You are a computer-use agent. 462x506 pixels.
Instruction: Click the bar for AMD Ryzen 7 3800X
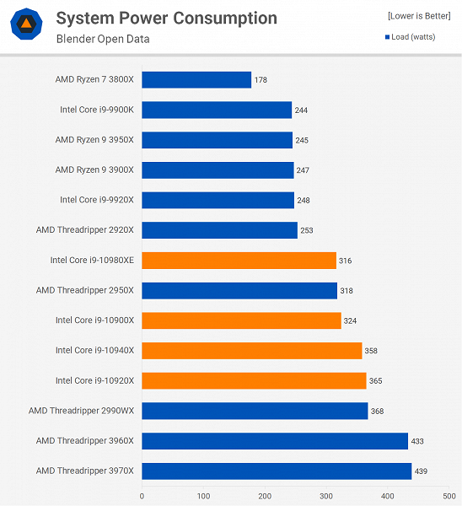[x=196, y=79]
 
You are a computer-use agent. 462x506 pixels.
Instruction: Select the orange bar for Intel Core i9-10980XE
[x=239, y=261]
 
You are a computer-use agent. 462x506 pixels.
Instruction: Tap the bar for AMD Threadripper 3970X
[x=277, y=471]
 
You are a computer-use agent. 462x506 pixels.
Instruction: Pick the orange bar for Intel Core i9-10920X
[x=254, y=380]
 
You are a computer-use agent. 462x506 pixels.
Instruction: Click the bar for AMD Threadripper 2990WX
[x=255, y=411]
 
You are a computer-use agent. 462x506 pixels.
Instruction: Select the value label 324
[x=352, y=320]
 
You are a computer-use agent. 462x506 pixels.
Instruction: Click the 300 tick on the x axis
[x=326, y=496]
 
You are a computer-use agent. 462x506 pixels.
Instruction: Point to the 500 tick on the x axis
[x=449, y=496]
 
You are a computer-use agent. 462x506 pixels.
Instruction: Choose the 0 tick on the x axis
[x=142, y=496]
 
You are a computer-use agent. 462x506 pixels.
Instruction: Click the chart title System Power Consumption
[x=166, y=18]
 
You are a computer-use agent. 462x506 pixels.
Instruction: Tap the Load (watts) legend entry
[x=416, y=36]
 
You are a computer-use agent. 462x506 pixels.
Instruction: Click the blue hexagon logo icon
[x=27, y=25]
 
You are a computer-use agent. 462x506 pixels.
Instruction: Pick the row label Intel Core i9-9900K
[x=97, y=110]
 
